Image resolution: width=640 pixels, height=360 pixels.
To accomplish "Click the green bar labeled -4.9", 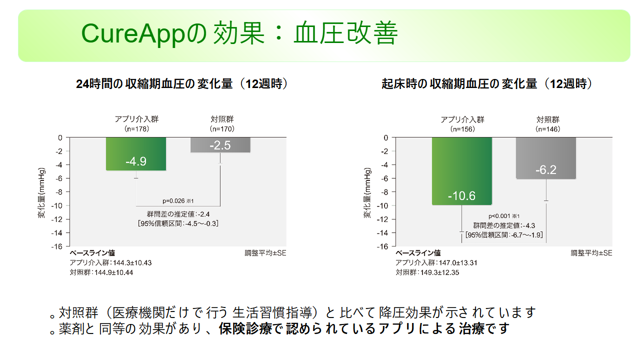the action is click(136, 154).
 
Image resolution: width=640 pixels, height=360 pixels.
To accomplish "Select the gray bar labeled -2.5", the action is click(220, 145).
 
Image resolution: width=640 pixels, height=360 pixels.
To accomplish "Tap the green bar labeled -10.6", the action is click(461, 171).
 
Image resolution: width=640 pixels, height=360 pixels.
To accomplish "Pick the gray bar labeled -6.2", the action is click(546, 158).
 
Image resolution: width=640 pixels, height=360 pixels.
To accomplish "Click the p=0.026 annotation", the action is click(178, 201).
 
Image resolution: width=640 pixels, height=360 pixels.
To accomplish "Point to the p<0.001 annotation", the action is click(503, 216).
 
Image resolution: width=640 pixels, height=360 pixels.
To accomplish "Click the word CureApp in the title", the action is click(133, 33).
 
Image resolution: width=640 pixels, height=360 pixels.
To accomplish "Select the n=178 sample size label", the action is click(136, 129).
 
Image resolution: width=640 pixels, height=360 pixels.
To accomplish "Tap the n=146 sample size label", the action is click(547, 129).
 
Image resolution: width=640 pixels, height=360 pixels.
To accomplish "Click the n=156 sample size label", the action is click(462, 129).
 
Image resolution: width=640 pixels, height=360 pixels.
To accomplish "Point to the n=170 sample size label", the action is click(222, 129).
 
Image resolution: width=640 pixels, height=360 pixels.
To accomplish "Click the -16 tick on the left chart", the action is click(57, 246).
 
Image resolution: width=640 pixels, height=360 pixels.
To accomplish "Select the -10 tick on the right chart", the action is click(382, 205).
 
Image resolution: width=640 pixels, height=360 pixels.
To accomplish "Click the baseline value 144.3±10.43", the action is click(132, 263).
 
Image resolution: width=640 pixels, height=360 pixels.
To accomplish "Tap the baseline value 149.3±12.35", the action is click(439, 272).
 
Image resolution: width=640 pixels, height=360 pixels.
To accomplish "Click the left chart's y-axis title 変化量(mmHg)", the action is click(41, 193).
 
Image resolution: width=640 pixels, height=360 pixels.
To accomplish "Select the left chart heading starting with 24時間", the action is click(181, 84).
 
